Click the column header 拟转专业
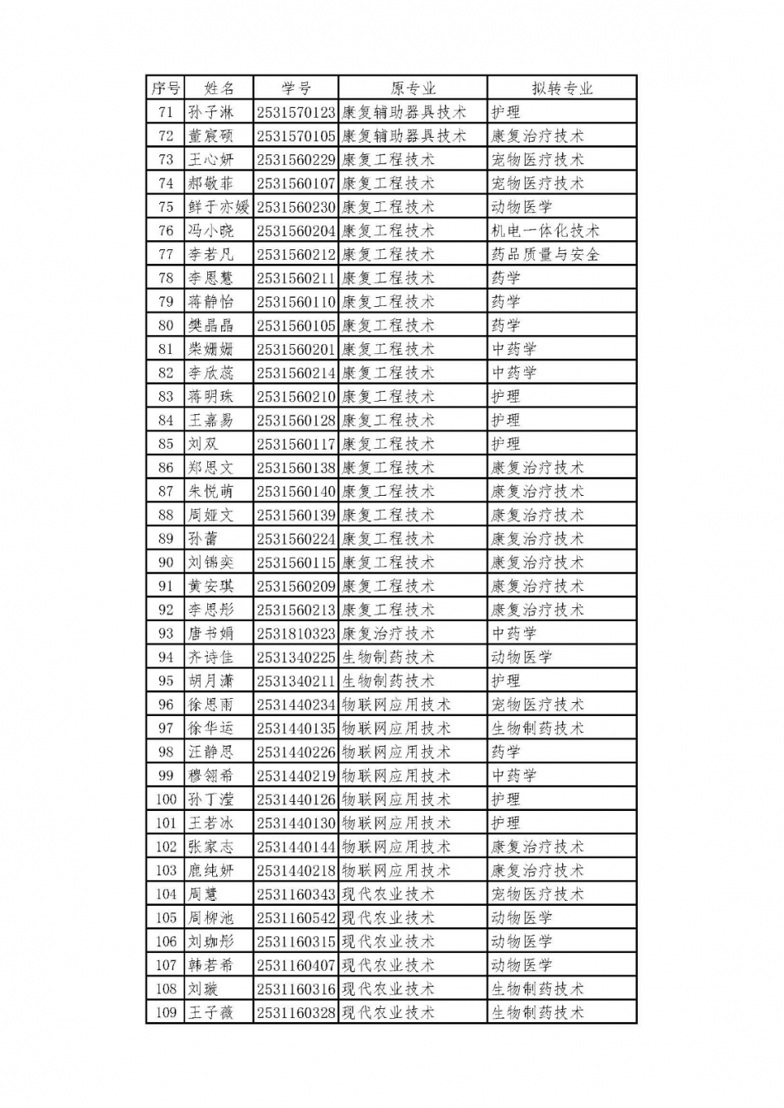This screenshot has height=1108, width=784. click(x=562, y=88)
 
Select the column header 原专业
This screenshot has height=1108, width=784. click(x=413, y=88)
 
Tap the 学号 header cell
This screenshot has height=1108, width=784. click(x=295, y=88)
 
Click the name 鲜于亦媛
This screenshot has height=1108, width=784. click(x=218, y=207)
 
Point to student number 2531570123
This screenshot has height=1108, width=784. click(x=295, y=112)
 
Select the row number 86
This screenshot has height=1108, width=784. click(x=166, y=468)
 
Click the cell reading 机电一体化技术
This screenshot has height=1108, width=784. click(x=545, y=231)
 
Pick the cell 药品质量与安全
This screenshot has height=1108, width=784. click(x=545, y=254)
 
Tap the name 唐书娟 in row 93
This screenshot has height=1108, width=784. click(x=210, y=634)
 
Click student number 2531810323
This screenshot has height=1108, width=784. click(x=295, y=634)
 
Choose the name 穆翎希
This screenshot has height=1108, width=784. click(x=210, y=776)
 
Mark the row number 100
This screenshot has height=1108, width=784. click(x=166, y=799)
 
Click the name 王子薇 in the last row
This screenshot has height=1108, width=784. click(x=210, y=1012)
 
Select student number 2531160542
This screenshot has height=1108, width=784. click(x=295, y=917)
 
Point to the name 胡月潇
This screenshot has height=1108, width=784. click(x=210, y=681)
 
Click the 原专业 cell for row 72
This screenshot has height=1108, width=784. click(x=404, y=136)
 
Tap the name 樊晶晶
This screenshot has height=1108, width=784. click(x=210, y=325)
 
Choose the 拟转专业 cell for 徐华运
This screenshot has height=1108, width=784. click(x=537, y=728)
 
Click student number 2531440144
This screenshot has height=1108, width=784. click(x=295, y=846)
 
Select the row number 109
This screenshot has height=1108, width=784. click(x=166, y=1012)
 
